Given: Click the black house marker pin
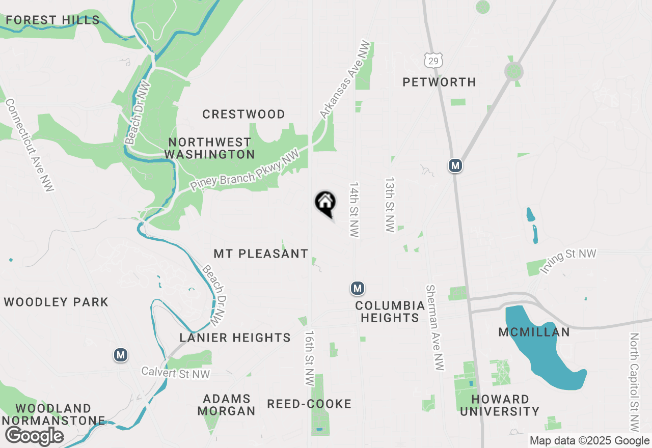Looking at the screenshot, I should point(325,203).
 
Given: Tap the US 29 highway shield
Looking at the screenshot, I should point(433,61).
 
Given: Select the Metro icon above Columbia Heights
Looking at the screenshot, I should point(358,288).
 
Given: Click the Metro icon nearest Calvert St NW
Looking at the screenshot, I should point(121,355).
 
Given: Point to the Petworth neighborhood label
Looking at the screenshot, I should point(439,82).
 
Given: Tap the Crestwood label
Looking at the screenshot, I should point(243,114).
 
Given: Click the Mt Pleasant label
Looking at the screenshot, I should point(261,254).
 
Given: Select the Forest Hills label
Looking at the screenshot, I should point(52,20).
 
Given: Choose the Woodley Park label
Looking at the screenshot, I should point(56,302).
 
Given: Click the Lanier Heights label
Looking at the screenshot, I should point(235,338).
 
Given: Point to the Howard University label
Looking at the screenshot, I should point(500,405).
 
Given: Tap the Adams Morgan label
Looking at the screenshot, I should point(227,405).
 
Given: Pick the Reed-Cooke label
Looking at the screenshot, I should point(309,404).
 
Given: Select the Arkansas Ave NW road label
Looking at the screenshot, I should point(344,80).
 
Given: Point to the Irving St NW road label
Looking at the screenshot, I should point(568,262).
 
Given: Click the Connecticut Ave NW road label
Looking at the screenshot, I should point(29,146).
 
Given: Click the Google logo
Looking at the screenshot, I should point(34,436).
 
